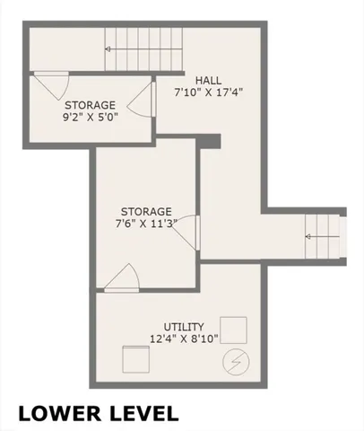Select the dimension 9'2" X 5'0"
(89, 114)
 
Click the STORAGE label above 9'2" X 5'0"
(89, 101)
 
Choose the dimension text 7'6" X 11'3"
(145, 224)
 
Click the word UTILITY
(183, 327)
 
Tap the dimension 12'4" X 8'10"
(183, 339)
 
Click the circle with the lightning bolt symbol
(236, 361)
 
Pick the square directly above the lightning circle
(234, 327)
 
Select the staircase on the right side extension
(325, 235)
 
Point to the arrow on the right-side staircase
(316, 236)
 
